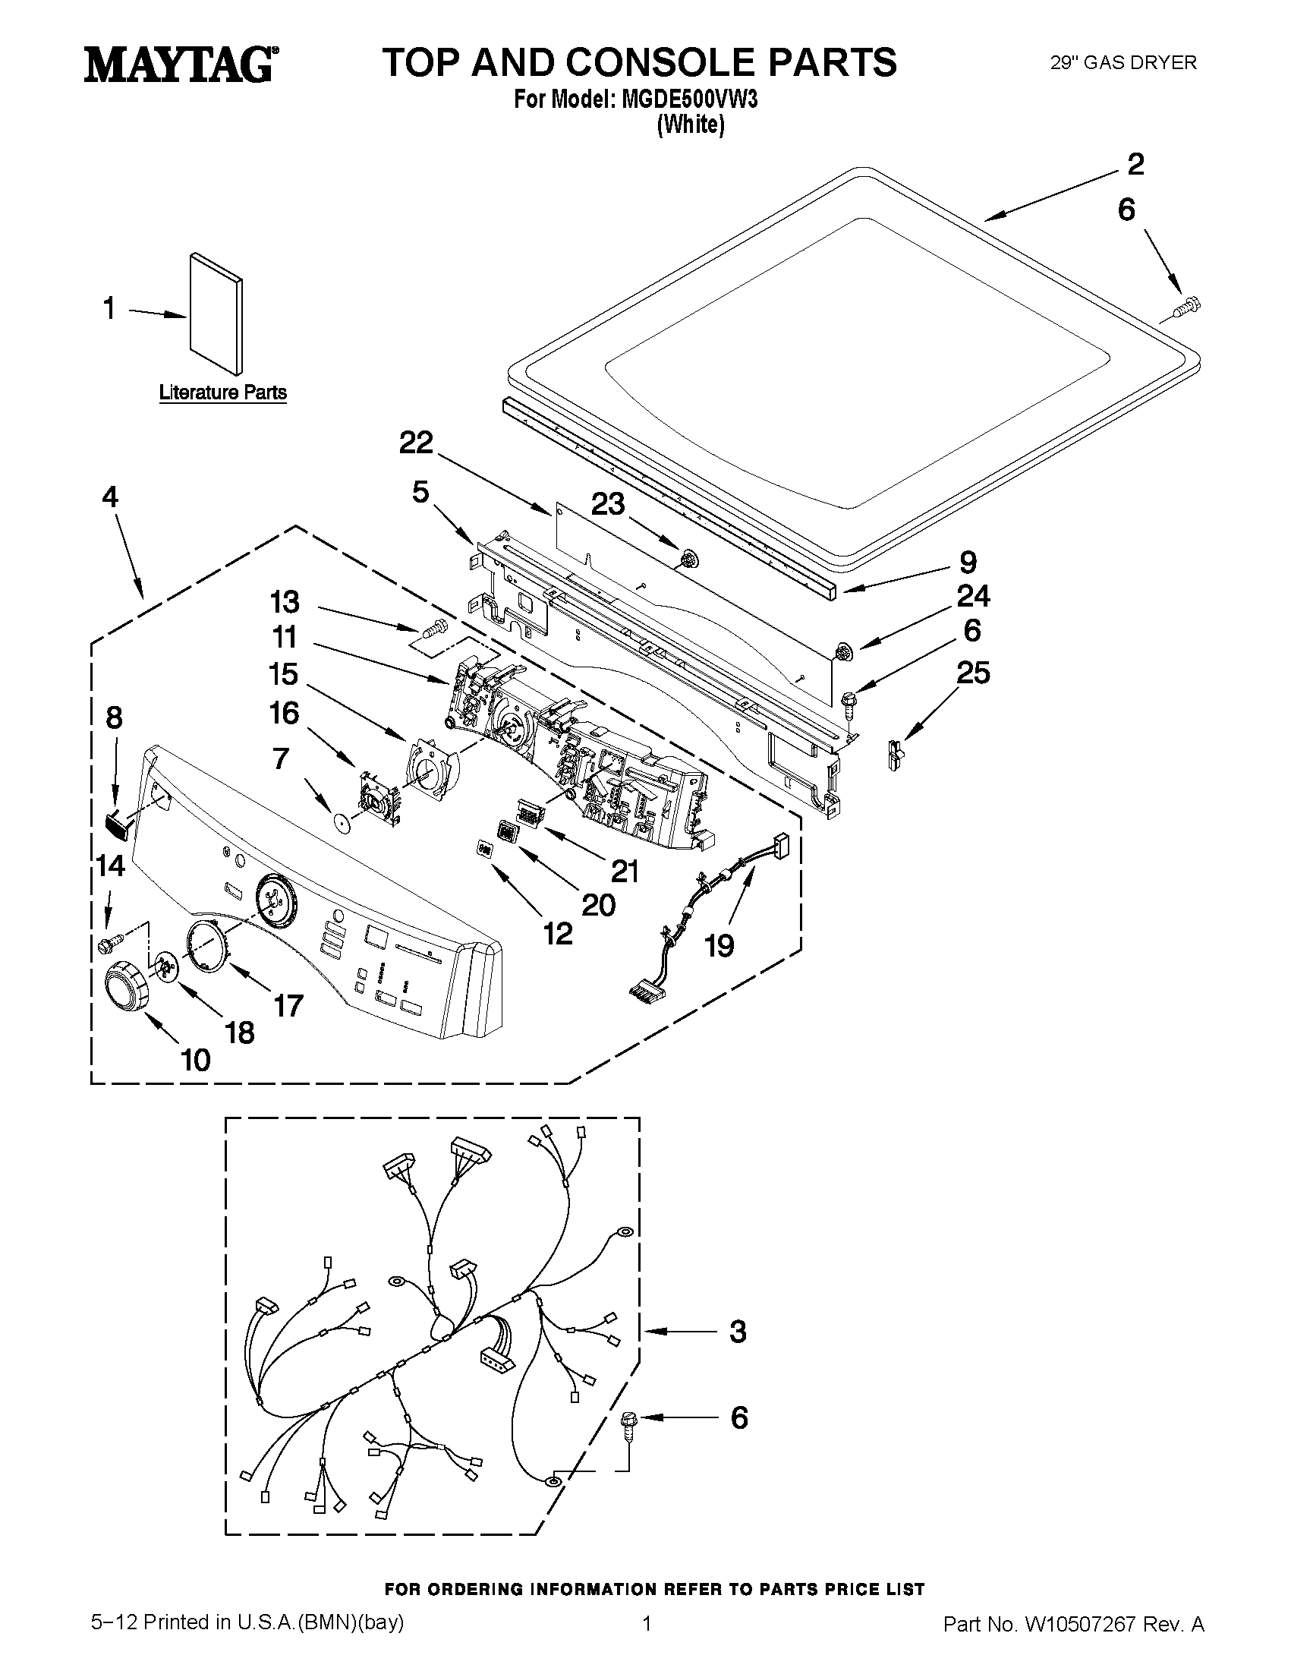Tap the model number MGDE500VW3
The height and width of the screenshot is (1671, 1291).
(x=689, y=100)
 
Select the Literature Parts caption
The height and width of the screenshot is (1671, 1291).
(x=222, y=393)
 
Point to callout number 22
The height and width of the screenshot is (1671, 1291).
(x=416, y=442)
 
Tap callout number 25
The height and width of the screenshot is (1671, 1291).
(x=973, y=673)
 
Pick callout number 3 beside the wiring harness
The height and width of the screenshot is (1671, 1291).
(x=737, y=1332)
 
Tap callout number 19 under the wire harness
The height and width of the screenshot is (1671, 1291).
(x=719, y=946)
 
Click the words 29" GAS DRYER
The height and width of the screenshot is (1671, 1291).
(x=1123, y=63)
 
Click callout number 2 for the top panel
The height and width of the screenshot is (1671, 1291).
(x=1135, y=165)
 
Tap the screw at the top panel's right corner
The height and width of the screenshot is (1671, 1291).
(x=1186, y=308)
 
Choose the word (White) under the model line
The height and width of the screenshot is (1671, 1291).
(x=691, y=124)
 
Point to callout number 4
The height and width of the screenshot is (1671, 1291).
(x=110, y=497)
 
